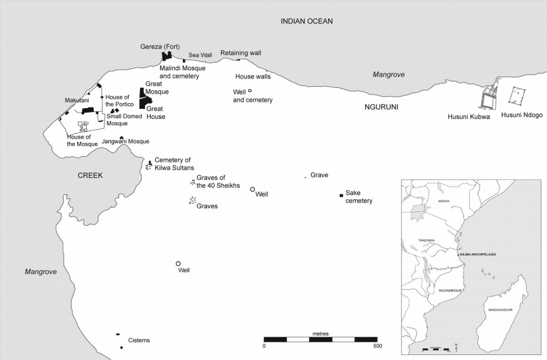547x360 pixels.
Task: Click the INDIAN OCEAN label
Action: click(x=306, y=22)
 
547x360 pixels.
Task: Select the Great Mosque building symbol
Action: click(x=142, y=93)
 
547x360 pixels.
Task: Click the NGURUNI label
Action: click(x=381, y=107)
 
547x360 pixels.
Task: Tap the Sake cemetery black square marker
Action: click(x=341, y=195)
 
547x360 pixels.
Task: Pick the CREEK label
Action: click(x=91, y=175)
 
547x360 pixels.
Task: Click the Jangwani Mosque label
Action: click(x=125, y=142)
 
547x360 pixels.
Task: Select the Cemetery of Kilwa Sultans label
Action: click(x=172, y=163)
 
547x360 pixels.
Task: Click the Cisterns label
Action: click(x=139, y=340)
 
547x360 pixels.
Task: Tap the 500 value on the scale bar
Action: click(x=377, y=346)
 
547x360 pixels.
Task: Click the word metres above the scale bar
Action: click(x=320, y=333)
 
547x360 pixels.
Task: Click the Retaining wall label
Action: click(x=241, y=53)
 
